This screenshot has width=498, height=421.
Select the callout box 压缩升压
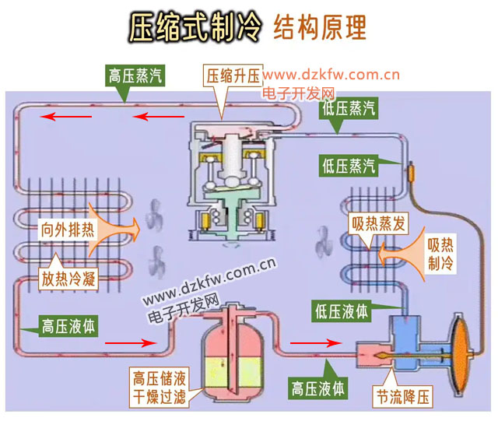(233, 76)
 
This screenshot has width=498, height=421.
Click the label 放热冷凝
(68, 279)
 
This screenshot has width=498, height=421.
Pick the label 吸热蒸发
(377, 225)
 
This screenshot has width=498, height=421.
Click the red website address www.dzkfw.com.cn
(331, 75)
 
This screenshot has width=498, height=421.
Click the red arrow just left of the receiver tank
(124, 342)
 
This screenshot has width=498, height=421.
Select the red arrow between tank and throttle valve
(314, 342)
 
